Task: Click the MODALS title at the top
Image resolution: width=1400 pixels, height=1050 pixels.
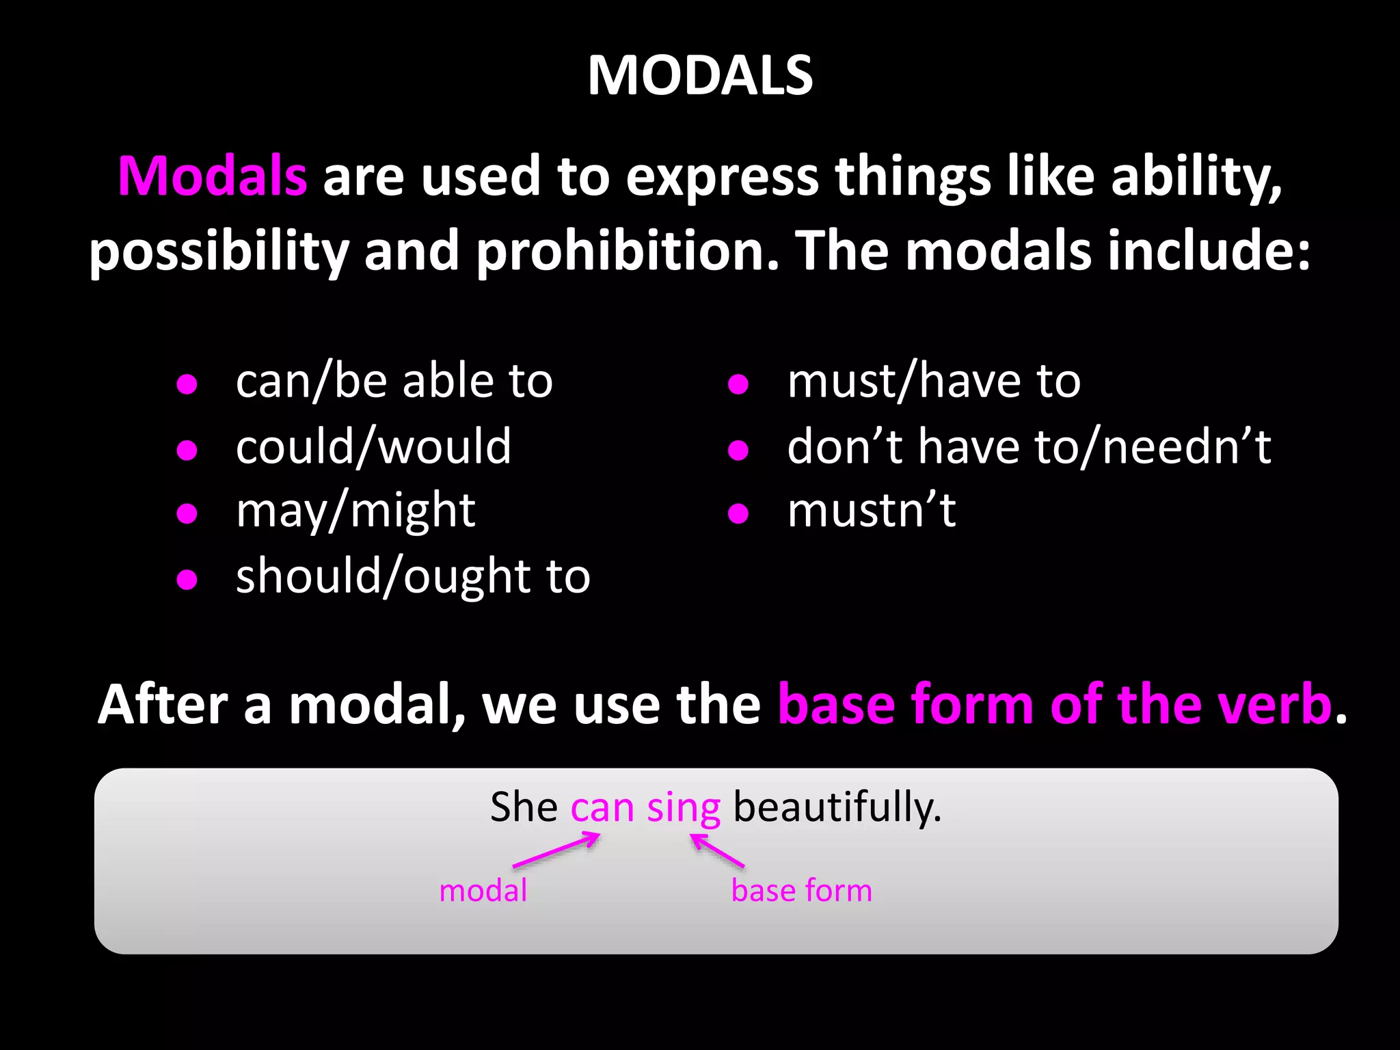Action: (x=700, y=75)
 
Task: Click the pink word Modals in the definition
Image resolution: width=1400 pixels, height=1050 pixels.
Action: (x=213, y=176)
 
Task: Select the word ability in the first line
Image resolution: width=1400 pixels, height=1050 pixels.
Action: (x=1195, y=176)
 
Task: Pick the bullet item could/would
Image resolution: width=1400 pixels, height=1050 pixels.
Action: (x=373, y=446)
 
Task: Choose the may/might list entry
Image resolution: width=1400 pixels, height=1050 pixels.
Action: (x=355, y=511)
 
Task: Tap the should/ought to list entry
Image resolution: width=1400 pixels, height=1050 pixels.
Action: (x=413, y=576)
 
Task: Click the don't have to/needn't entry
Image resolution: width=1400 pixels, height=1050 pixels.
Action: (x=1029, y=446)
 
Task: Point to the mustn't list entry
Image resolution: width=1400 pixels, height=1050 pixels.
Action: (x=872, y=511)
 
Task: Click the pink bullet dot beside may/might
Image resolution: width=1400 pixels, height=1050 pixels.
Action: (x=187, y=513)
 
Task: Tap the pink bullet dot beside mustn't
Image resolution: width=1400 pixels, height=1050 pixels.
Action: (x=738, y=513)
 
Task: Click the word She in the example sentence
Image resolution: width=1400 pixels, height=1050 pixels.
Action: (x=524, y=807)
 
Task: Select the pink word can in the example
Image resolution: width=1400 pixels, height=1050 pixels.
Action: (x=602, y=808)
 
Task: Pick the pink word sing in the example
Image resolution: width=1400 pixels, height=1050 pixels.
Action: (x=684, y=808)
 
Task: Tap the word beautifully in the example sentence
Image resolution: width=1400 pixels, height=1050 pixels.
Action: (x=837, y=807)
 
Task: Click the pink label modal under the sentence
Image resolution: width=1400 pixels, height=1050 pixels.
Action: (x=483, y=891)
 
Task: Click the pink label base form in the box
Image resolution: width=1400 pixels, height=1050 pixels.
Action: (x=801, y=891)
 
